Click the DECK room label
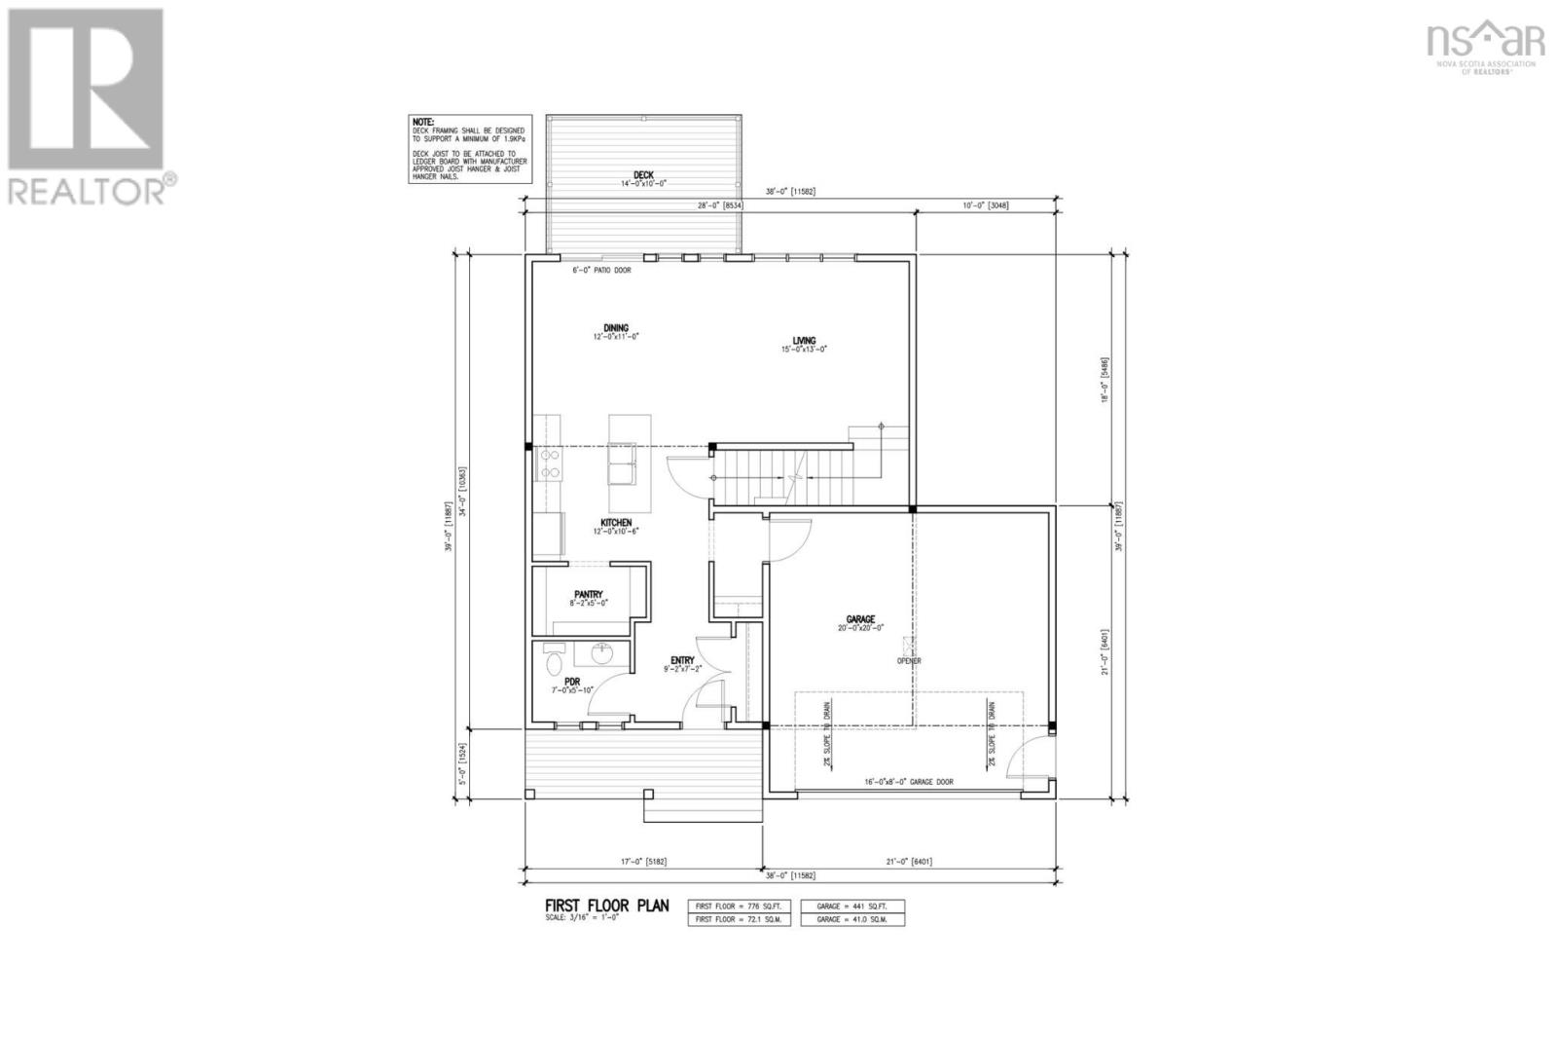point(643,175)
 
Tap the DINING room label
point(615,328)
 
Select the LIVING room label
point(804,341)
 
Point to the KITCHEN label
point(616,523)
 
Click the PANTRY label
point(589,594)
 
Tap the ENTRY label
point(682,660)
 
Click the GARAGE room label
point(860,619)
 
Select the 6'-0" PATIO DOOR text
point(601,270)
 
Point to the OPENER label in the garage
point(909,661)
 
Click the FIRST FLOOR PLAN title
point(606,906)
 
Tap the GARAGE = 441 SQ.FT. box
point(852,906)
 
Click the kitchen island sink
point(622,463)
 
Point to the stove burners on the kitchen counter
point(549,463)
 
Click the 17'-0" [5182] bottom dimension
point(643,861)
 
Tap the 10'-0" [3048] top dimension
point(986,205)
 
